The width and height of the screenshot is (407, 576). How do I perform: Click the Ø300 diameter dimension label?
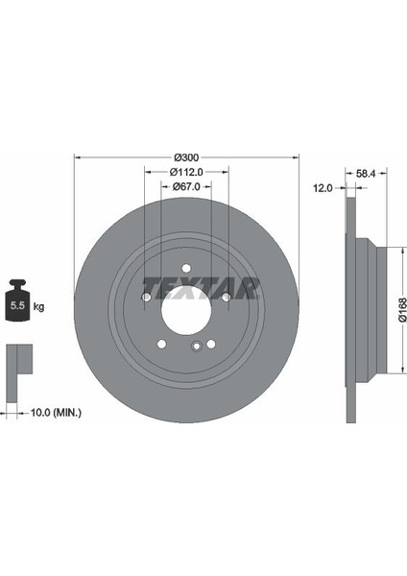(x=186, y=157)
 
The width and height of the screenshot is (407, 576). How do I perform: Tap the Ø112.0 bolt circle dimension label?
(x=186, y=172)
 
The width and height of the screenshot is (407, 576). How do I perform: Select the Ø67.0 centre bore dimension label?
(x=186, y=186)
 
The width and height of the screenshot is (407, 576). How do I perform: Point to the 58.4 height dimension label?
(x=366, y=174)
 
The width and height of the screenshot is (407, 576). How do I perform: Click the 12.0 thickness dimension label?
(x=323, y=188)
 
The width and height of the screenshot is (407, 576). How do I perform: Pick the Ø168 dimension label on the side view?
(x=402, y=310)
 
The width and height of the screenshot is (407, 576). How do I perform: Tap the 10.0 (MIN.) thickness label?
(x=56, y=413)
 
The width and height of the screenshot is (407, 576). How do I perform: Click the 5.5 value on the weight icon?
(x=17, y=305)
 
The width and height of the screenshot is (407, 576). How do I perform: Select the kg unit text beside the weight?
(x=38, y=306)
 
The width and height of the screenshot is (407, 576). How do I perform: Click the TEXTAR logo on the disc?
(x=202, y=288)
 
